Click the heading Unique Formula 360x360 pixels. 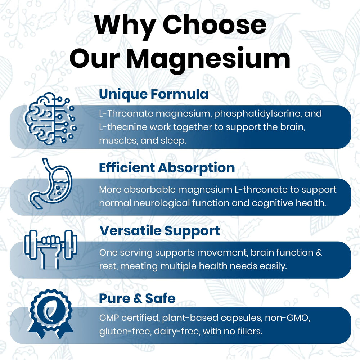pyautogui.click(x=153, y=94)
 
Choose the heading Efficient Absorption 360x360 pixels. pyautogui.click(x=167, y=167)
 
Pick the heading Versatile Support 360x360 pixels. pyautogui.click(x=159, y=231)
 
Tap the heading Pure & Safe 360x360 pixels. pyautogui.click(x=137, y=298)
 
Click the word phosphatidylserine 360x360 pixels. pyautogui.click(x=256, y=114)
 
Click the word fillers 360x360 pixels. pyautogui.click(x=248, y=330)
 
